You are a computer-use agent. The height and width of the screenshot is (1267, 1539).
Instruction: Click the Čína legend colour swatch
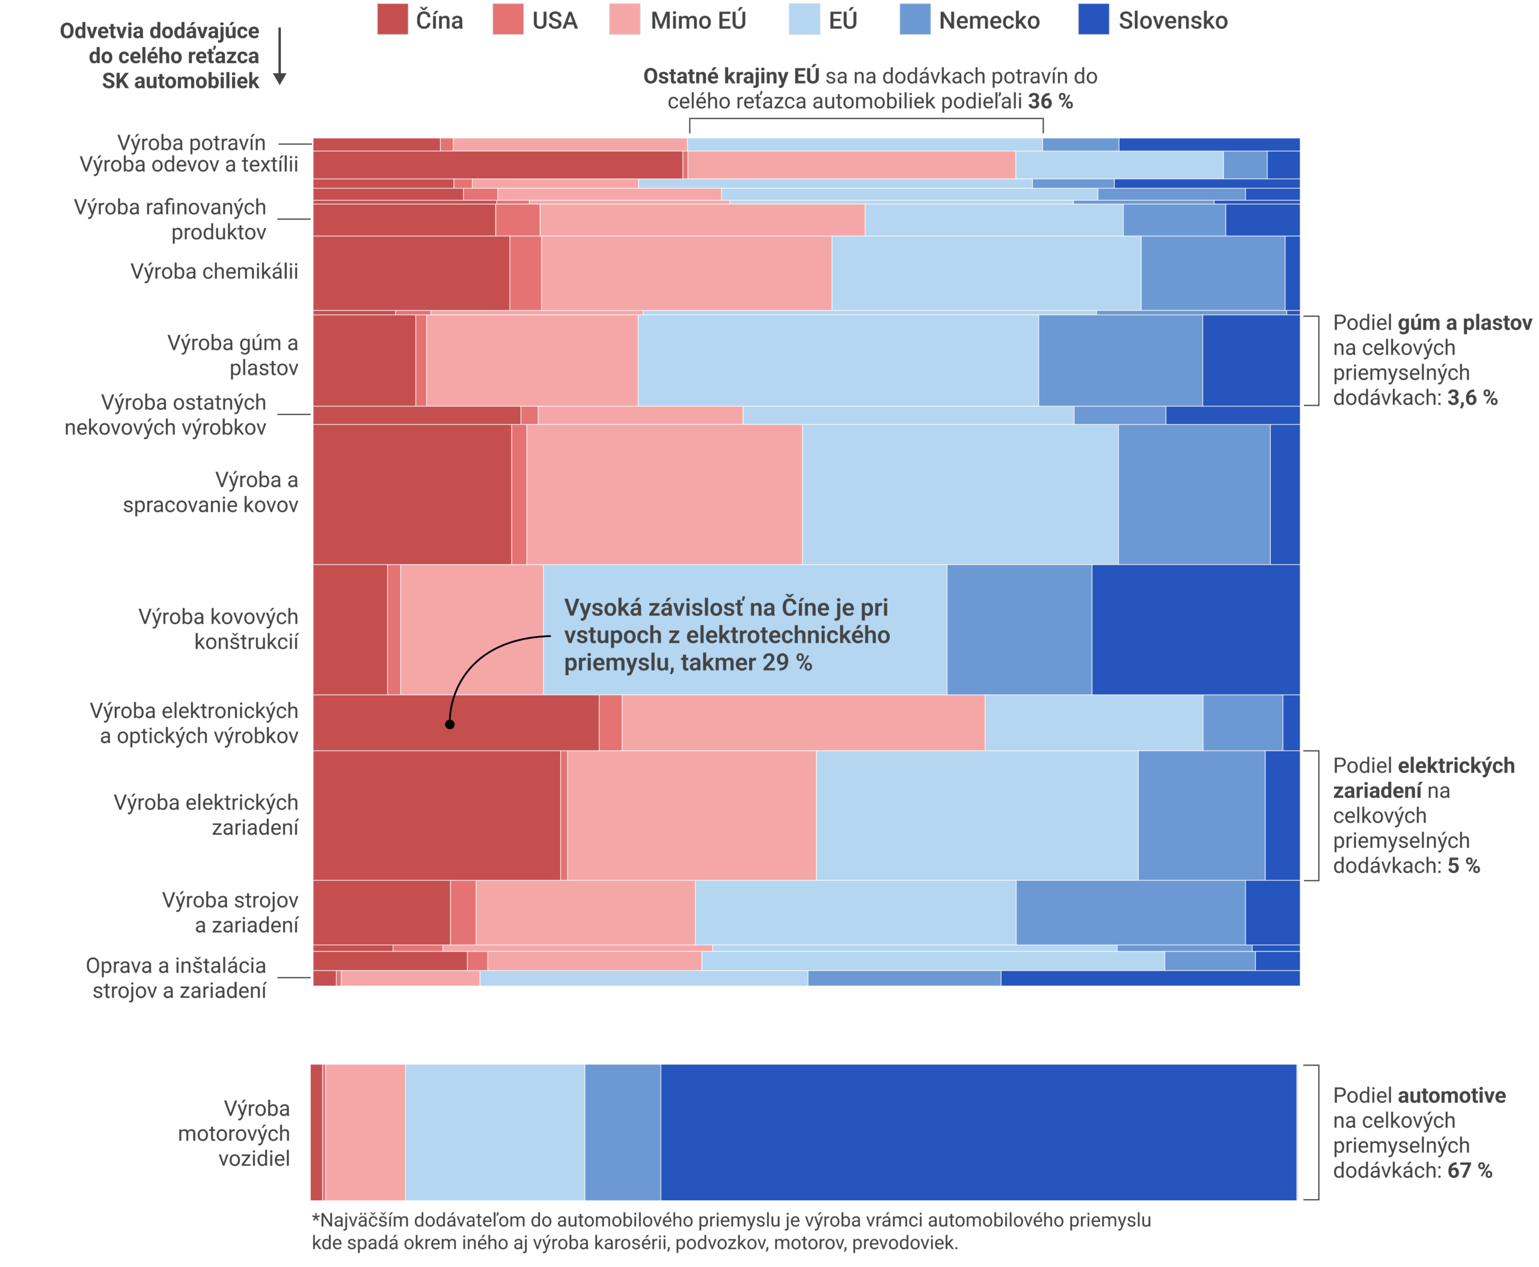392,19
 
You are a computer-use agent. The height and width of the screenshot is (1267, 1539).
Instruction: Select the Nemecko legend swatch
915,19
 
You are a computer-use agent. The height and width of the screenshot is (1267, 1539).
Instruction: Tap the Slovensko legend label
1173,20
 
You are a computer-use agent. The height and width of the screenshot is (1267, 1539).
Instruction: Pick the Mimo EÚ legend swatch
624,19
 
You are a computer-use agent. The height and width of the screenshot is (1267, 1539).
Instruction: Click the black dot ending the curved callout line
450,724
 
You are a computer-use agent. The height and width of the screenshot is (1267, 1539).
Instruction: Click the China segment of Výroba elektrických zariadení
436,815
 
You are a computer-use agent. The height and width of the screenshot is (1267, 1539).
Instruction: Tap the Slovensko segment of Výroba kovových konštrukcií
1195,629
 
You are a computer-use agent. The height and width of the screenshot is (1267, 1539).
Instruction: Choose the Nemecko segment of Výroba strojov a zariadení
1130,912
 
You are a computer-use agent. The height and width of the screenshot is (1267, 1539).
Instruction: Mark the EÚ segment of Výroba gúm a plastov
837,360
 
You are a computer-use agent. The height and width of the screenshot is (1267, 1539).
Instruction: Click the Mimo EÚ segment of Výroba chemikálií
686,273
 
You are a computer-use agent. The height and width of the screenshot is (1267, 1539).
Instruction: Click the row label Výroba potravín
191,143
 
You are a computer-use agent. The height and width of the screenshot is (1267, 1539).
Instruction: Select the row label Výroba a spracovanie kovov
211,492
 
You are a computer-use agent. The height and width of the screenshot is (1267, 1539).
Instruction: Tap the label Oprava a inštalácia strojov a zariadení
176,978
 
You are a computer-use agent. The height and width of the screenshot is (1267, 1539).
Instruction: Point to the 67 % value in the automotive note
1469,1171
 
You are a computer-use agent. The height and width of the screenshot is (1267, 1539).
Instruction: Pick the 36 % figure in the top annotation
1050,102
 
